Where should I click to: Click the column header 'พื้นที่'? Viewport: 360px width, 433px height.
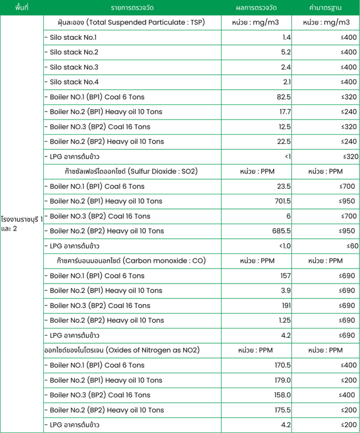tap(21, 8)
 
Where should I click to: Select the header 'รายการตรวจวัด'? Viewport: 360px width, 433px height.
tap(132, 8)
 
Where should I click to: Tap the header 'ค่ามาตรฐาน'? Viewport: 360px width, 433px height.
tap(325, 8)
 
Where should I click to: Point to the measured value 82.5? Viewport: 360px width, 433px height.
tap(284, 97)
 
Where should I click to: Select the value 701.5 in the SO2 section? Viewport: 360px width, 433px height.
tap(282, 201)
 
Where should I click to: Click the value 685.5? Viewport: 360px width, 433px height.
tap(282, 231)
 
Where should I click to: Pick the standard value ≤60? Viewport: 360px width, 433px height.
tap(352, 246)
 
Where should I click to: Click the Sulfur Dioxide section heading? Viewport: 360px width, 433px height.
tap(128, 171)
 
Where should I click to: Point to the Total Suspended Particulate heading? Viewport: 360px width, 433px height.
tap(131, 22)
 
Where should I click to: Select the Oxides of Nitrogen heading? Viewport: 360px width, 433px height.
tap(122, 350)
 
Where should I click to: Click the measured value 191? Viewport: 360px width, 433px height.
tap(286, 305)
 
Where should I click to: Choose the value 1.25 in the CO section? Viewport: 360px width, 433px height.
tap(284, 320)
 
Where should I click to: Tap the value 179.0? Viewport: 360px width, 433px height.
tap(282, 380)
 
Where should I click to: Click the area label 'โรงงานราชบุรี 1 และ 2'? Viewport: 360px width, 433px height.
tap(22, 224)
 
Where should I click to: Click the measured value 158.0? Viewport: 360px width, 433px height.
tap(282, 395)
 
